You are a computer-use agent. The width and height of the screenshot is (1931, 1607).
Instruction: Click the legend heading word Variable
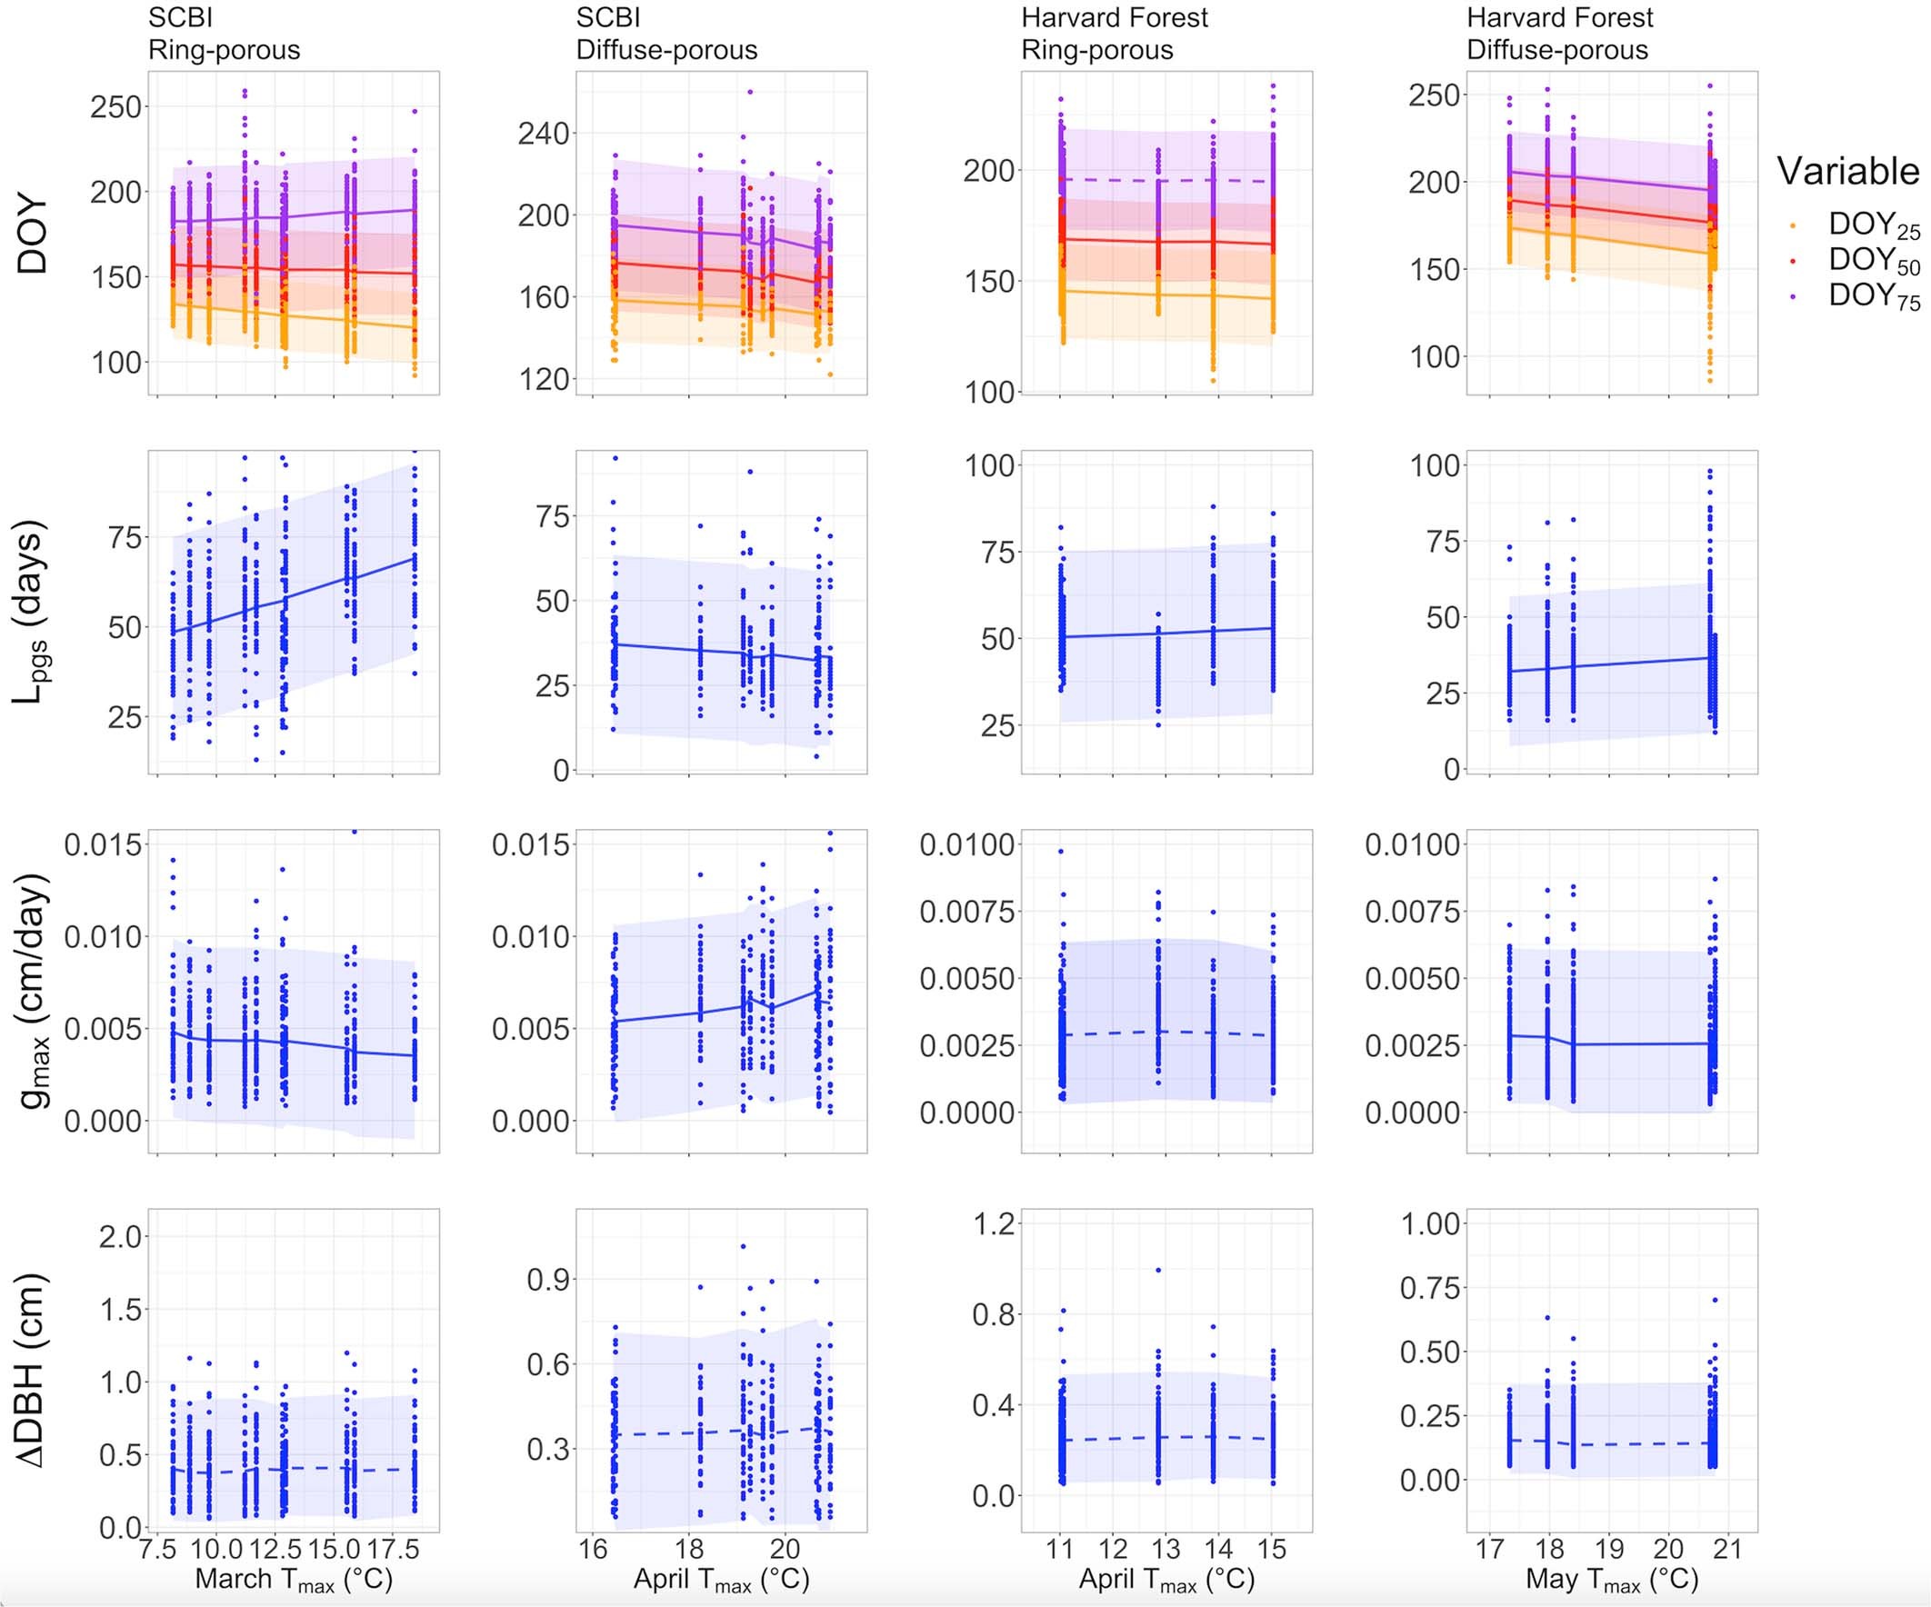pos(1847,172)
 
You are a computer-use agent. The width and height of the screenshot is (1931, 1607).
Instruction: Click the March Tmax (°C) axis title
pos(294,1580)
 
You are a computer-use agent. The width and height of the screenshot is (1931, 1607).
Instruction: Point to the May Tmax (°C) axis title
pos(1611,1580)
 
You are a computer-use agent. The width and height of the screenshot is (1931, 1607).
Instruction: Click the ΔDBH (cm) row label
pos(31,1370)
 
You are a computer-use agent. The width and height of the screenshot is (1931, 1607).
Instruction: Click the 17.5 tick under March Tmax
pos(393,1549)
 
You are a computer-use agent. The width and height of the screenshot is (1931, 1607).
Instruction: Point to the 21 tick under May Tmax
pos(1728,1549)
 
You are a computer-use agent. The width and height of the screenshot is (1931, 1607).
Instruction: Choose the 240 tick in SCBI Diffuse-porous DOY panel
pos(544,135)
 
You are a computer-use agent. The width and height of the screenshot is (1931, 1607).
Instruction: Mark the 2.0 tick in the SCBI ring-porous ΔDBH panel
pos(120,1236)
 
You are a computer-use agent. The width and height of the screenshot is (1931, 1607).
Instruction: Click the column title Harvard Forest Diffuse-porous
pos(1559,33)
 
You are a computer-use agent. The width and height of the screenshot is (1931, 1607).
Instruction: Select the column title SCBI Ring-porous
pos(224,33)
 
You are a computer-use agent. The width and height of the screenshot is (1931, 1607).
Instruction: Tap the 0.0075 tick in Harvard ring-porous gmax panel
pos(967,912)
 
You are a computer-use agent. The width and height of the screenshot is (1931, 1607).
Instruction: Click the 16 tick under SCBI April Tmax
pos(592,1549)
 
